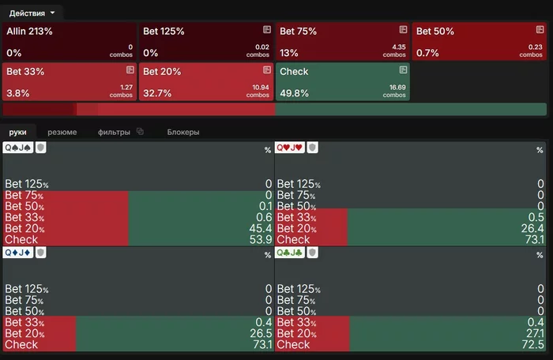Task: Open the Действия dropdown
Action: tap(32, 13)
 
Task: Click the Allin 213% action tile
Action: tap(69, 41)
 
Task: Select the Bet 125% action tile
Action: tap(205, 41)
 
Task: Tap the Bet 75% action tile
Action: tap(342, 41)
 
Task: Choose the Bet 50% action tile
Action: tap(479, 41)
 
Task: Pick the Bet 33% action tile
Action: tap(69, 82)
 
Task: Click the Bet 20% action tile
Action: tap(205, 82)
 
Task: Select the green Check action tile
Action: tap(342, 82)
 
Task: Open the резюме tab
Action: tap(62, 132)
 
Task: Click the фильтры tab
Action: tap(115, 132)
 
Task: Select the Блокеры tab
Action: tap(182, 132)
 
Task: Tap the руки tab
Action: tap(18, 132)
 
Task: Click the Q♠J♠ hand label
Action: tap(19, 148)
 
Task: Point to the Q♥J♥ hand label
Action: tap(291, 148)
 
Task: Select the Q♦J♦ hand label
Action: tap(19, 252)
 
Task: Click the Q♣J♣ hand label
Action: tap(291, 252)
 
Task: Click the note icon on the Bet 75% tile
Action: tap(403, 29)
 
